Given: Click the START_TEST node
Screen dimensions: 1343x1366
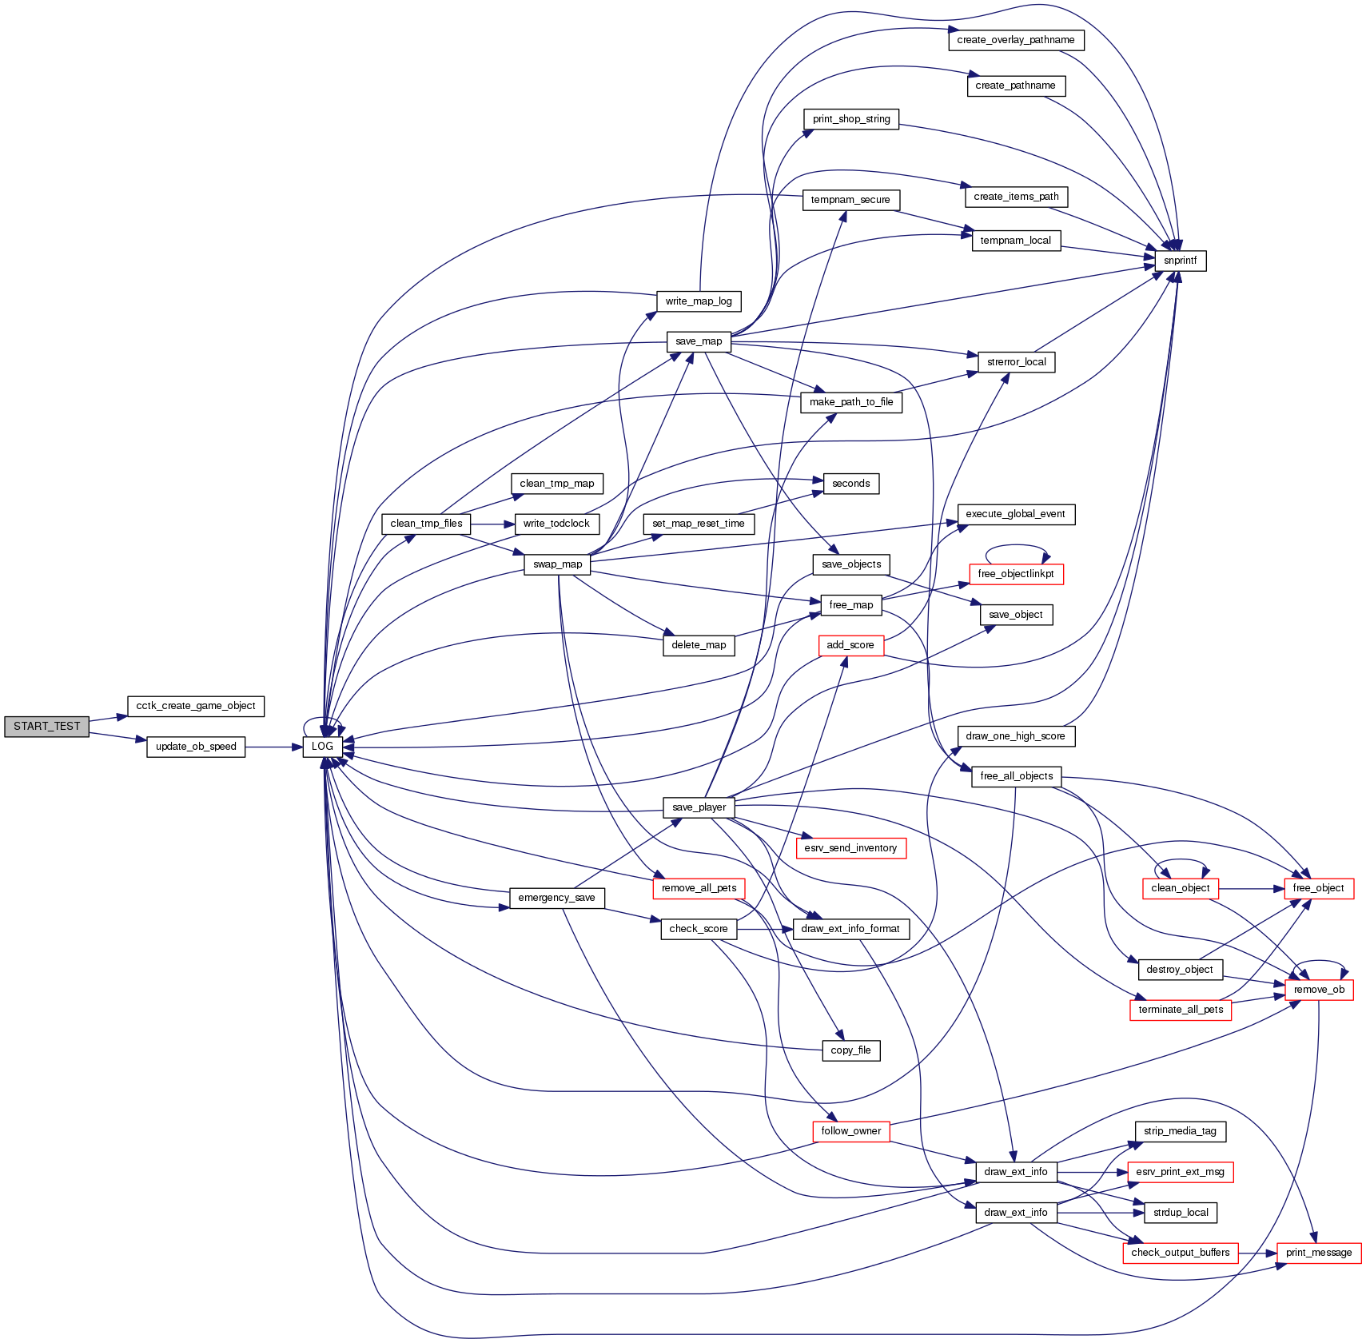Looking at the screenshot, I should [x=46, y=727].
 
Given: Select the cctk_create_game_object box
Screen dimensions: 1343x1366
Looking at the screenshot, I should [x=196, y=706].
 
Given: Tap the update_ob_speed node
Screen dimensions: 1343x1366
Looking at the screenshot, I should [x=196, y=747].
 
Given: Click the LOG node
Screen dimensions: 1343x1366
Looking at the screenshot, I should [x=322, y=747].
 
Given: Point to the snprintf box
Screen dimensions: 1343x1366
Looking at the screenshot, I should [x=1180, y=261].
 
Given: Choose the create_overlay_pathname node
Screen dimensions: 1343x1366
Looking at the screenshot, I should [x=1015, y=40].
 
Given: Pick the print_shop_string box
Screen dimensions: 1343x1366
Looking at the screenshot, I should [x=850, y=119].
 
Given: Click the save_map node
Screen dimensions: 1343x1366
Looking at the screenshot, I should [x=699, y=341].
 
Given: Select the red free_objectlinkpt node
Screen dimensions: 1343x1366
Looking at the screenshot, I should [x=1015, y=574].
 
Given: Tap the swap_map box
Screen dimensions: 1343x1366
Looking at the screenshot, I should [x=557, y=564].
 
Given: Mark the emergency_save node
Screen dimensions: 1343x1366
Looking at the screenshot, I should [x=556, y=898].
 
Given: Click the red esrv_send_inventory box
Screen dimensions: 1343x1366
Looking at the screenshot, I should [x=850, y=848].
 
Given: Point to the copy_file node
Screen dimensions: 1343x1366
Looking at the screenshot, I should [x=850, y=1050].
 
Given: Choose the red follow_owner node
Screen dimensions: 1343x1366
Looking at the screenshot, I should [x=850, y=1131].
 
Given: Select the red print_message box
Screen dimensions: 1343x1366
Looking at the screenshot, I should [x=1319, y=1253].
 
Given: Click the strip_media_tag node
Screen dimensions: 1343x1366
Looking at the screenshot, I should [x=1180, y=1131].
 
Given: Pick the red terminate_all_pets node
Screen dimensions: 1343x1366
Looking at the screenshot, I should [x=1181, y=1010].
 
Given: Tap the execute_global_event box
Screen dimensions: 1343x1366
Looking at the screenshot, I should [x=1015, y=514].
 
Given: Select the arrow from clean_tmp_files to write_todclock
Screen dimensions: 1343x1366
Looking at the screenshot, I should [x=492, y=524].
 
